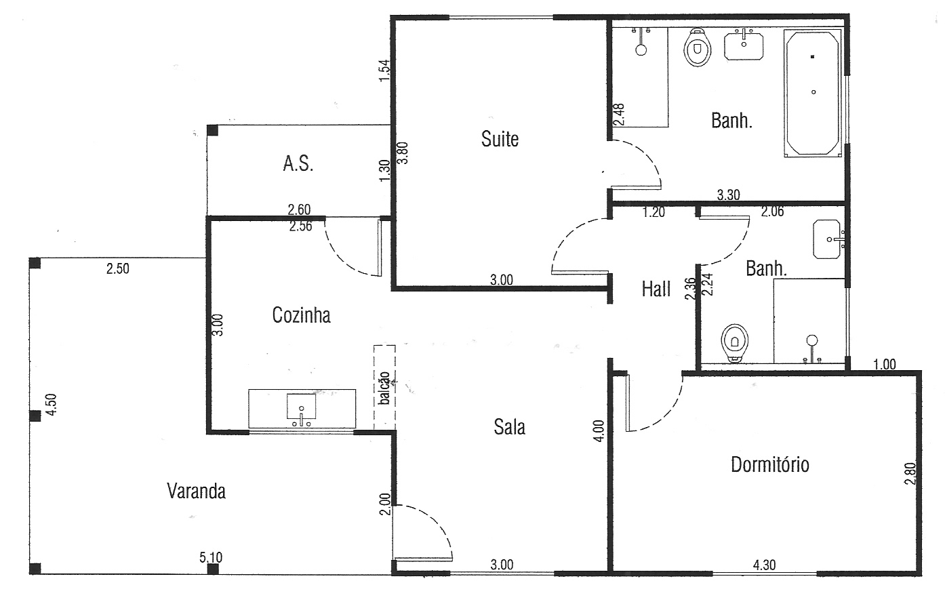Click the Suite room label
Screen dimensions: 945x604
(500, 139)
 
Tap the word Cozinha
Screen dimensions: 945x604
(301, 315)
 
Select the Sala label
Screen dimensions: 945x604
(510, 427)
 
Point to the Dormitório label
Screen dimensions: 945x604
(770, 464)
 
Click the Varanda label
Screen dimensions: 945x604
(196, 491)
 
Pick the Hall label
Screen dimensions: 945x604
(656, 289)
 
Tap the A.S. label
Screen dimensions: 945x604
(298, 163)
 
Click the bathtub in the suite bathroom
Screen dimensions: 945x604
(813, 94)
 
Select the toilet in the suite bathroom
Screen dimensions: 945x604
(698, 47)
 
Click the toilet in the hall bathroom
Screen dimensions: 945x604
(734, 343)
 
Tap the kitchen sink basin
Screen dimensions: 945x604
(301, 407)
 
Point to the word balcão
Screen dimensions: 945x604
(384, 388)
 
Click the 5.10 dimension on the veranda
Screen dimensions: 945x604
(211, 558)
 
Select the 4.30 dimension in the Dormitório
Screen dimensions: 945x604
(764, 565)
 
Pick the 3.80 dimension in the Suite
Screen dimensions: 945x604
(403, 153)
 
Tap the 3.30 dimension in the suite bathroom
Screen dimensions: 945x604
(728, 195)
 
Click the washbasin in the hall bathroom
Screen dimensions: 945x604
(827, 239)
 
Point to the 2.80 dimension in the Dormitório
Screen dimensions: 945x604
(910, 474)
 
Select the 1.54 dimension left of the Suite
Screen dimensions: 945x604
(385, 71)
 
